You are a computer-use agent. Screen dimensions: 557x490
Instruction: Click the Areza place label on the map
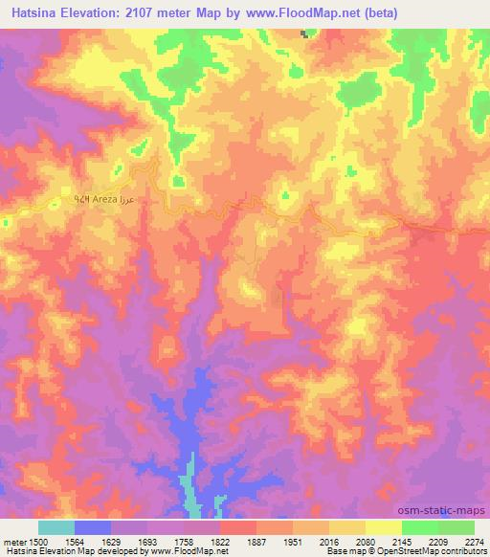102,197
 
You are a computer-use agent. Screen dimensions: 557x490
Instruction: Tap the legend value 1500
31,541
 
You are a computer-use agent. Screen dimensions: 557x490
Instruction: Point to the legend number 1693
147,541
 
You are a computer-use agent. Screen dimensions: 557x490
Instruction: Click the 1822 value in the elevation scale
220,541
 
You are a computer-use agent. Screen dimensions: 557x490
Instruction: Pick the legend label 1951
293,541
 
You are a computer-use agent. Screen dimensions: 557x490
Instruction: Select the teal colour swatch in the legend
56,527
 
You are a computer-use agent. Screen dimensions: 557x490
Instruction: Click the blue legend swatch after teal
93,527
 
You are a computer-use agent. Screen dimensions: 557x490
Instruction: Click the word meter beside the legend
12,541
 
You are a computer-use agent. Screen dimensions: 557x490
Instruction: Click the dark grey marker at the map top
305,33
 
